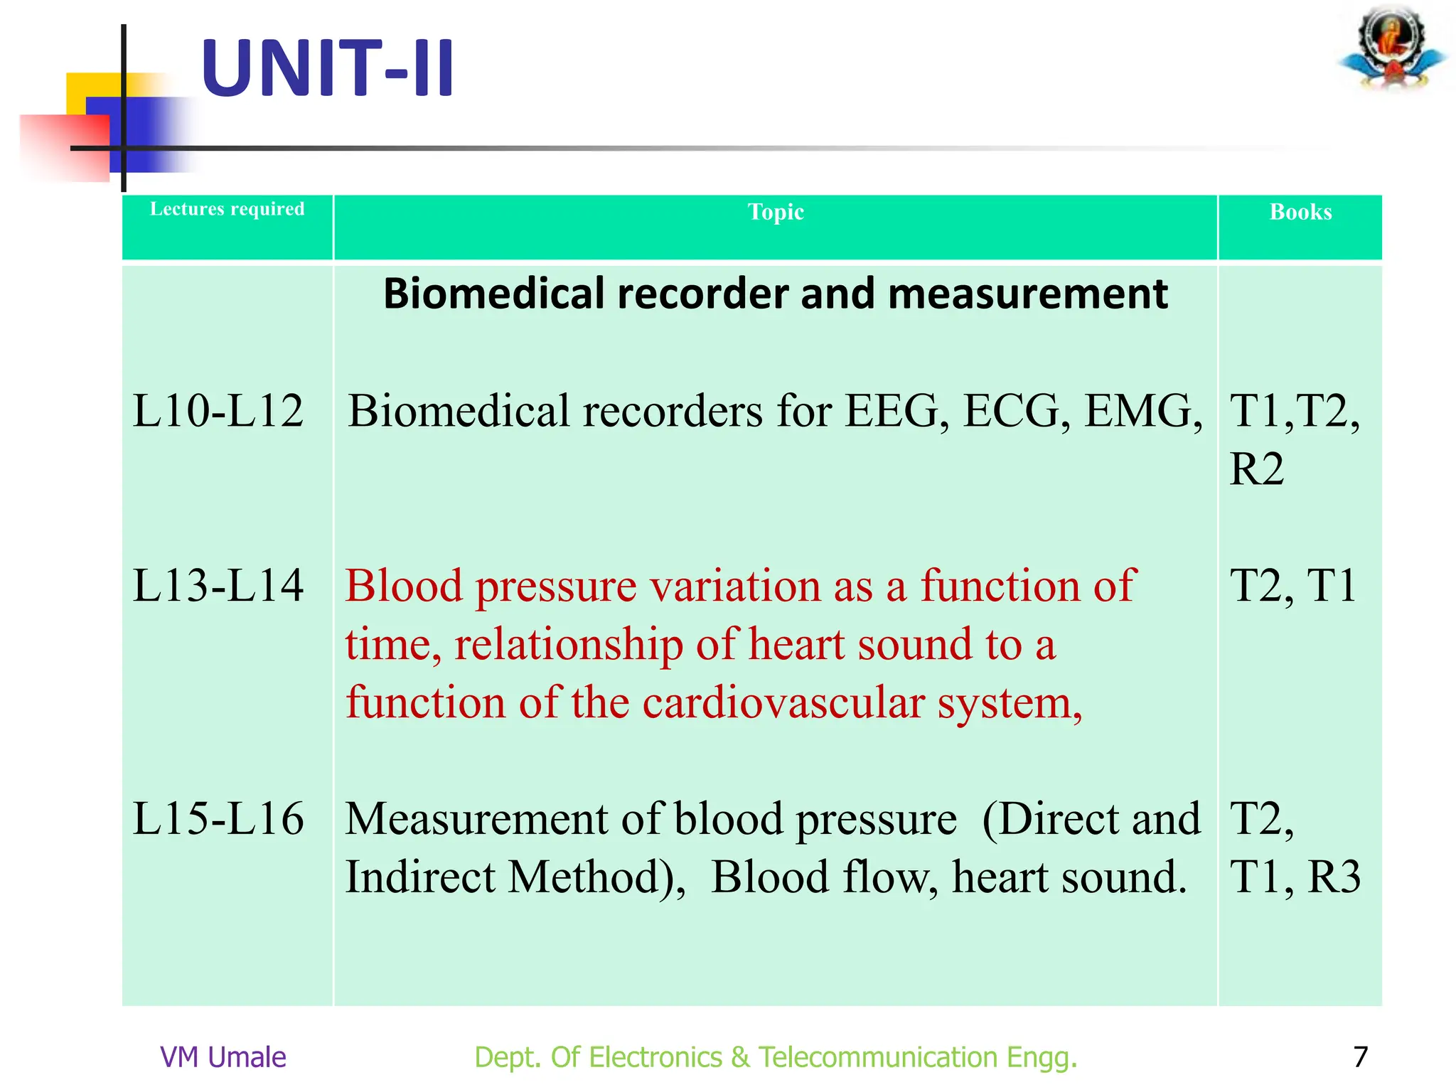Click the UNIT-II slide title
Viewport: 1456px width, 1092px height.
(327, 69)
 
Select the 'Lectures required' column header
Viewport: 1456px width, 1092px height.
(227, 209)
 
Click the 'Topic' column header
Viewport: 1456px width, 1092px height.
(776, 212)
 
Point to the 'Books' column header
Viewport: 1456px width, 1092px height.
(1300, 212)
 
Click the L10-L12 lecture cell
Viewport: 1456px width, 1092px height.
(218, 411)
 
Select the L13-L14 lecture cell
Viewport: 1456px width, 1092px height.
(218, 586)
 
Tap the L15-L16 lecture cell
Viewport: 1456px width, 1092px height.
(218, 818)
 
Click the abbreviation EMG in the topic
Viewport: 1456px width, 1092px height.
(1142, 411)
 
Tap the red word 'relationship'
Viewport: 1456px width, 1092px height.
(569, 646)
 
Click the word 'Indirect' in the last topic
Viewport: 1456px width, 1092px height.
(420, 877)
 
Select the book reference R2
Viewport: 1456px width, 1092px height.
(1257, 469)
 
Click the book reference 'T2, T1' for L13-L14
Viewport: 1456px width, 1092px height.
(1293, 586)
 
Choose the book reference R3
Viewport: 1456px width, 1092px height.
(1334, 877)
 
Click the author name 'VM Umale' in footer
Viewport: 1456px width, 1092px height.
(223, 1057)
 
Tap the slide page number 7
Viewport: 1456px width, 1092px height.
(1360, 1057)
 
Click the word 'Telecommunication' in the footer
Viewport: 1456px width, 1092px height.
(878, 1057)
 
